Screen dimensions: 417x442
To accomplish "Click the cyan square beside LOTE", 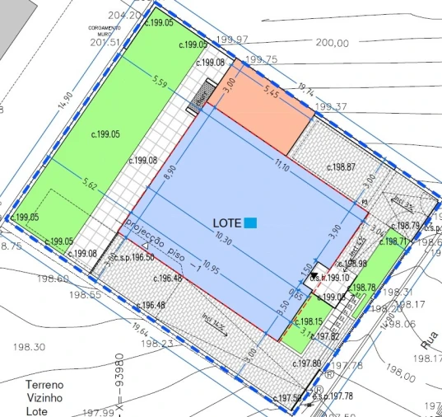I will (251, 223).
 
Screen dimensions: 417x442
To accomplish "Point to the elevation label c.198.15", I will (307, 321).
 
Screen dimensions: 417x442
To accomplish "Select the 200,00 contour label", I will (331, 43).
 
